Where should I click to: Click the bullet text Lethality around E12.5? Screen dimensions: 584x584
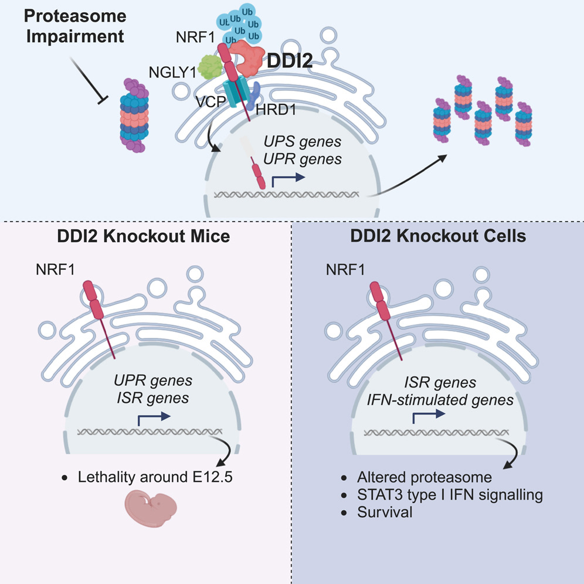(155, 478)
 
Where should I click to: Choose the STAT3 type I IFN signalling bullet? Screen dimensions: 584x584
(449, 495)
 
